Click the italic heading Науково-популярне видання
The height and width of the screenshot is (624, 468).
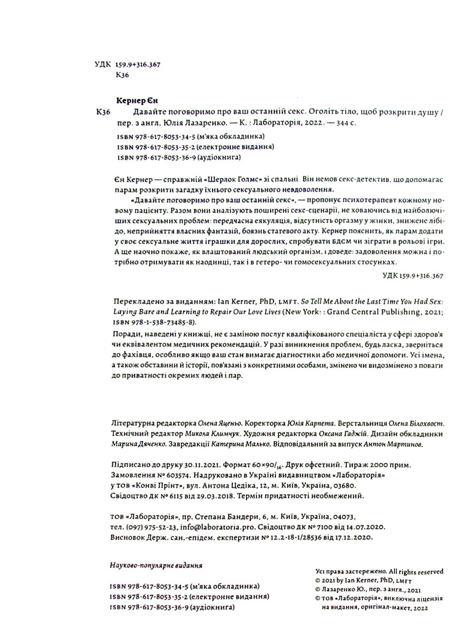(x=156, y=565)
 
